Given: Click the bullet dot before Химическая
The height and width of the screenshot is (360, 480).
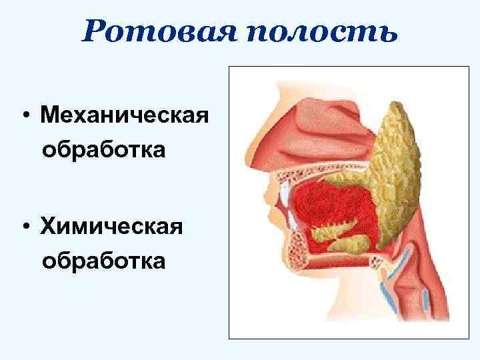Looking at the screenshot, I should [x=25, y=229].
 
